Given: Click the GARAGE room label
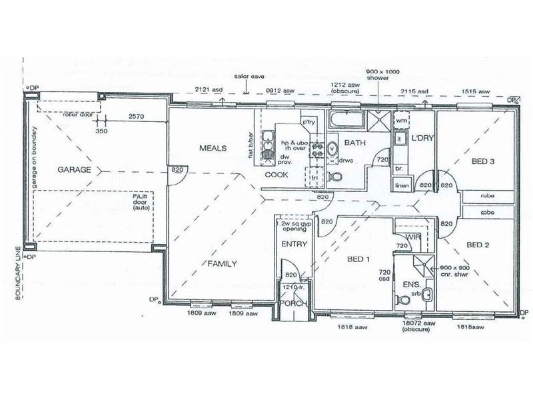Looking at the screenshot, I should [74, 170].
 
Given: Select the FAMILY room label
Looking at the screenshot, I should [222, 263].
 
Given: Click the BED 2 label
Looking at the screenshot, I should [478, 245].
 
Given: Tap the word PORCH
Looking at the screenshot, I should [293, 303].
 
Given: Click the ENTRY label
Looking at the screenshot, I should [293, 244].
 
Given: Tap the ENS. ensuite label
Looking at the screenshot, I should [403, 285].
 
